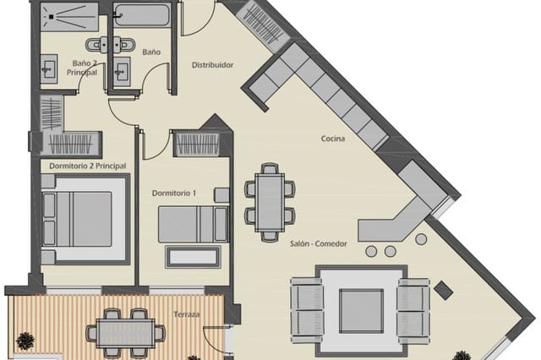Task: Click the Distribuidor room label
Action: pyautogui.click(x=212, y=65)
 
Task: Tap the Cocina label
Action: pyautogui.click(x=332, y=139)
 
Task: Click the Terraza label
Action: pyautogui.click(x=188, y=314)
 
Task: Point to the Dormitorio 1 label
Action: pyautogui.click(x=174, y=193)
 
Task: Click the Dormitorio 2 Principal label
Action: pyautogui.click(x=88, y=166)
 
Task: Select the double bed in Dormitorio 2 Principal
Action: pyautogui.click(x=84, y=217)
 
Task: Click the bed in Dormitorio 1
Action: pyautogui.click(x=193, y=225)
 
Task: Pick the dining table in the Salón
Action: pyautogui.click(x=270, y=202)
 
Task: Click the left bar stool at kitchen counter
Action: pyautogui.click(x=371, y=251)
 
